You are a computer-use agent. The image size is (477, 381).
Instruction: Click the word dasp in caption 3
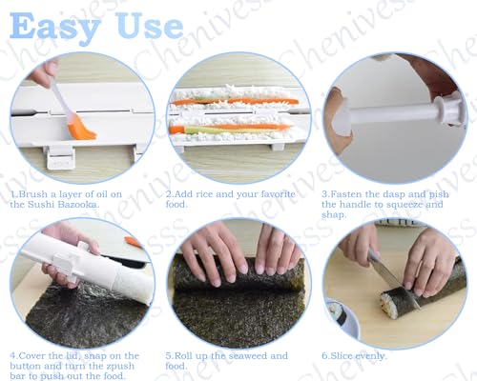pos(387,193)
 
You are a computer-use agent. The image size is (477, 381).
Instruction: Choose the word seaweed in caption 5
pos(242,355)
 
